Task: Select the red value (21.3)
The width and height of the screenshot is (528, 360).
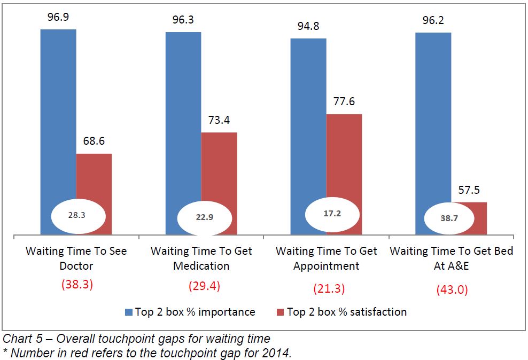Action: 329,288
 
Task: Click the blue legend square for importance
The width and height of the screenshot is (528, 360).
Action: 128,312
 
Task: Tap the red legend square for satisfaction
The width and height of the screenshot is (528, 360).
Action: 279,312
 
